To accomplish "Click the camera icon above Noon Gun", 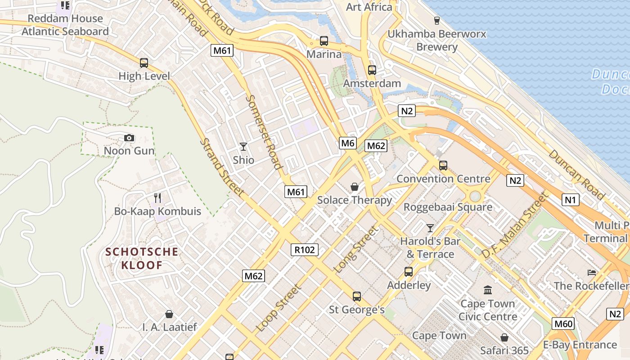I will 129,138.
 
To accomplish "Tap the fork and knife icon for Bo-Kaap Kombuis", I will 157,198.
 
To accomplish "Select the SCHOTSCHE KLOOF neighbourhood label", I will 142,258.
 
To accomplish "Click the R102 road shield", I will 305,250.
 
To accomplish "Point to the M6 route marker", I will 348,143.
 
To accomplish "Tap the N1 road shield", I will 570,199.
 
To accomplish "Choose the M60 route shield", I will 563,324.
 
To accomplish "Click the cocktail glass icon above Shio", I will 243,146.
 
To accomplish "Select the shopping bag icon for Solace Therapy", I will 355,186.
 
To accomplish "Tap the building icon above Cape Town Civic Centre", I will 488,290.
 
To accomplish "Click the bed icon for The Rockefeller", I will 592,272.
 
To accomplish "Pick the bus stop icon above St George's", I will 357,296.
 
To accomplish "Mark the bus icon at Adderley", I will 409,271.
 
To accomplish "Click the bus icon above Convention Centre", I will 443,165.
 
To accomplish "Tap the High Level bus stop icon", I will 144,63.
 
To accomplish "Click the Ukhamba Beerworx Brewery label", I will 436,40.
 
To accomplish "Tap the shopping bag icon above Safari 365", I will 504,337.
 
